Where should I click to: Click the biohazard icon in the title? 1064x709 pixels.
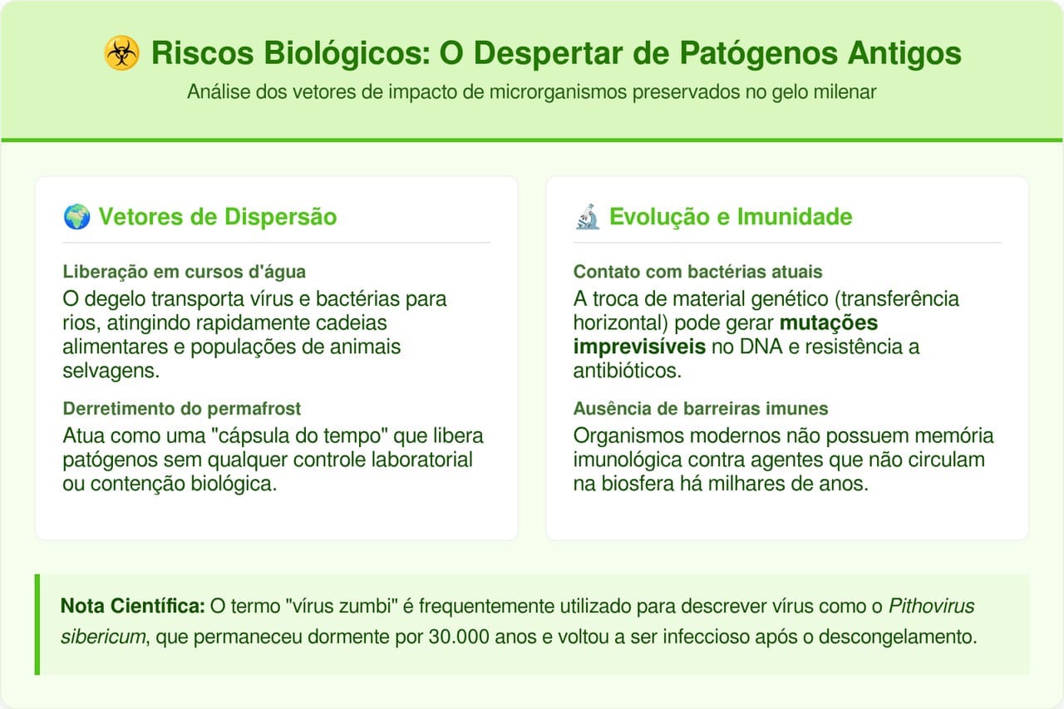click(122, 54)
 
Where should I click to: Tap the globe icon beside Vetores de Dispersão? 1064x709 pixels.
click(76, 217)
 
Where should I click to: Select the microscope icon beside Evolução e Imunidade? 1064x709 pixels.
click(588, 217)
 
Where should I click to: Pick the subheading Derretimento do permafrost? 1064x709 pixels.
click(182, 409)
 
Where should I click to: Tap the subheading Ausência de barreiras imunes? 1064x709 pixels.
click(701, 409)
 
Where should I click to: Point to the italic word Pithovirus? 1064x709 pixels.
click(931, 607)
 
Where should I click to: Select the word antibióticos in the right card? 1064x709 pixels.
click(627, 371)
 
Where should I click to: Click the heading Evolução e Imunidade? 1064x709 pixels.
click(731, 217)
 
